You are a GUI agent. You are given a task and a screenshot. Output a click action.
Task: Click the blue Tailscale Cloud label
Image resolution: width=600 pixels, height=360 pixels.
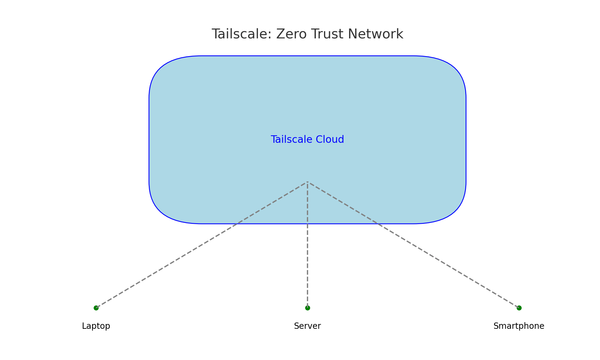coord(307,139)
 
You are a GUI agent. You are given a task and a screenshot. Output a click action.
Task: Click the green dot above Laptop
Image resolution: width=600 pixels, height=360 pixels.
coord(96,308)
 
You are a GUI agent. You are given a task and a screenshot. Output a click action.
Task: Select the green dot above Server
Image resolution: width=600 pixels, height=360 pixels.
coord(307,308)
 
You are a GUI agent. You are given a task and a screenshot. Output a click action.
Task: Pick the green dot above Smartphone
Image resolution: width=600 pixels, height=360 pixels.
coord(519,308)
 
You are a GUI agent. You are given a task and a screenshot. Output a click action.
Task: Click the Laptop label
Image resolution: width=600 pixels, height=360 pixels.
coord(96,326)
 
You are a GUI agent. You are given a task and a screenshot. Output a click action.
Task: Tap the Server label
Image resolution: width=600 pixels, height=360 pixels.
coord(307,326)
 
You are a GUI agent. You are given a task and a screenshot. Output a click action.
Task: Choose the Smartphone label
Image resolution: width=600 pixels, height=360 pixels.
coord(519,326)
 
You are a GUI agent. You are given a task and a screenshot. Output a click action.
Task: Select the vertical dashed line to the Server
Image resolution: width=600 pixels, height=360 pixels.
coord(307,264)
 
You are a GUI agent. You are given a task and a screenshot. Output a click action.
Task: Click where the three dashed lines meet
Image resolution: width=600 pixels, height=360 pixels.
coord(307,182)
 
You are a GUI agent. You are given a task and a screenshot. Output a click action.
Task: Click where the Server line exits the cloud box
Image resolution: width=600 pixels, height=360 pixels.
coord(307,224)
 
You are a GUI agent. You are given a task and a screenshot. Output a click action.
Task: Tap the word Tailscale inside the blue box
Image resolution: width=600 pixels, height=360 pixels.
coord(289,139)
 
